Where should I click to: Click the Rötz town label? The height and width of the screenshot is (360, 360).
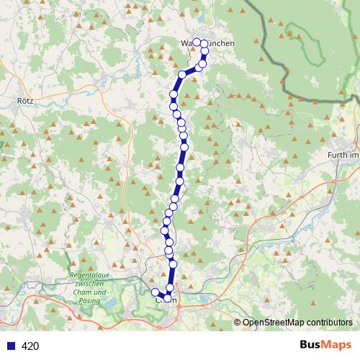(x=24, y=102)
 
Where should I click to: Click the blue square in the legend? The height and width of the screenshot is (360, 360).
(x=9, y=346)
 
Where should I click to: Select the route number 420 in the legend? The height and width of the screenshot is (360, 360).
(x=30, y=346)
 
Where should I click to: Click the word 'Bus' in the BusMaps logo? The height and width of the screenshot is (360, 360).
(x=312, y=345)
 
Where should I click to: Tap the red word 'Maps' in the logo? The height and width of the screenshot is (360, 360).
(x=338, y=345)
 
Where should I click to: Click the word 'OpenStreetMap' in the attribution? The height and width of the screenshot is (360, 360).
(x=274, y=323)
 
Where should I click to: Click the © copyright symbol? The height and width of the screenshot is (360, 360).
(x=238, y=323)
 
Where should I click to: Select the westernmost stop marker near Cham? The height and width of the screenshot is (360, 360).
(x=155, y=292)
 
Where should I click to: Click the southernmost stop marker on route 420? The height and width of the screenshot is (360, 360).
(x=168, y=297)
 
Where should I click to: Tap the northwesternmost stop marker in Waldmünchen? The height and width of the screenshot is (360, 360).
(x=196, y=42)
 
